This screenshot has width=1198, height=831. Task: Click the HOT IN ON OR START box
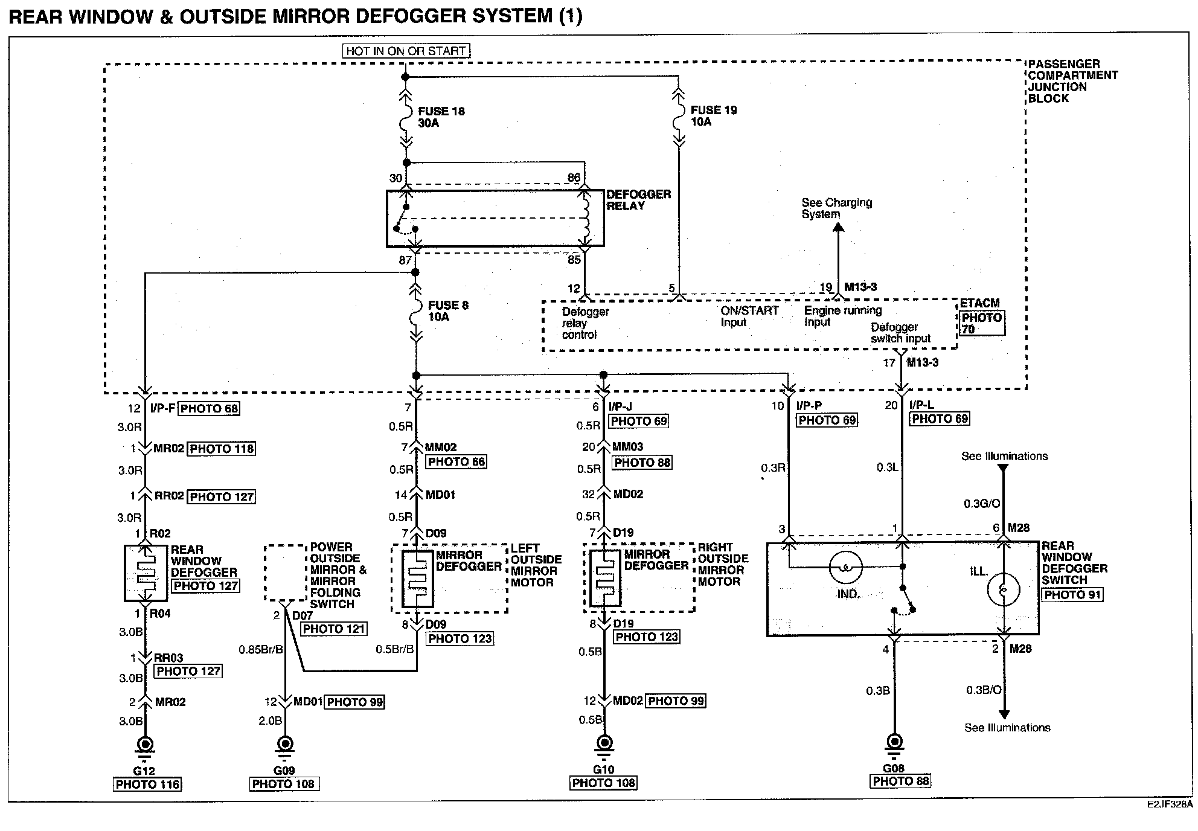point(406,51)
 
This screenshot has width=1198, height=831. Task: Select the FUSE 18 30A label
point(441,117)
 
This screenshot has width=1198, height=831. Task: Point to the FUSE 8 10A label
point(448,311)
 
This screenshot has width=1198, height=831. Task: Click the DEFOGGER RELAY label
point(638,200)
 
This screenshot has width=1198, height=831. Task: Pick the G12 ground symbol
point(145,747)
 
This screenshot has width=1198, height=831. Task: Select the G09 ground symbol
point(284,747)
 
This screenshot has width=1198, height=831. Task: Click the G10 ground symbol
point(604,746)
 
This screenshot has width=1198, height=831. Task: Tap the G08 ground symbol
point(894,745)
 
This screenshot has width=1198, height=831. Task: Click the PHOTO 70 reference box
point(982,323)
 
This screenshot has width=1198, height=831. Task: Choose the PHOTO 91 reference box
point(1072,594)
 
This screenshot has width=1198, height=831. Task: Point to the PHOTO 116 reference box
point(147,784)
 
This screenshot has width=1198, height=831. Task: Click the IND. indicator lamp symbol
point(845,567)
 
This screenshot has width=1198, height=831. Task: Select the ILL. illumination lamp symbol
point(1004,589)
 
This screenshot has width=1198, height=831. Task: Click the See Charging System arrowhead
point(838,227)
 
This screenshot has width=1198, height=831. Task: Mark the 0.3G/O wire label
point(982,504)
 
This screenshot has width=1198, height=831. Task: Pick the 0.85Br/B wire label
point(261,650)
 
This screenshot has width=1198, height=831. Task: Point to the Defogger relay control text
point(585,323)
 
